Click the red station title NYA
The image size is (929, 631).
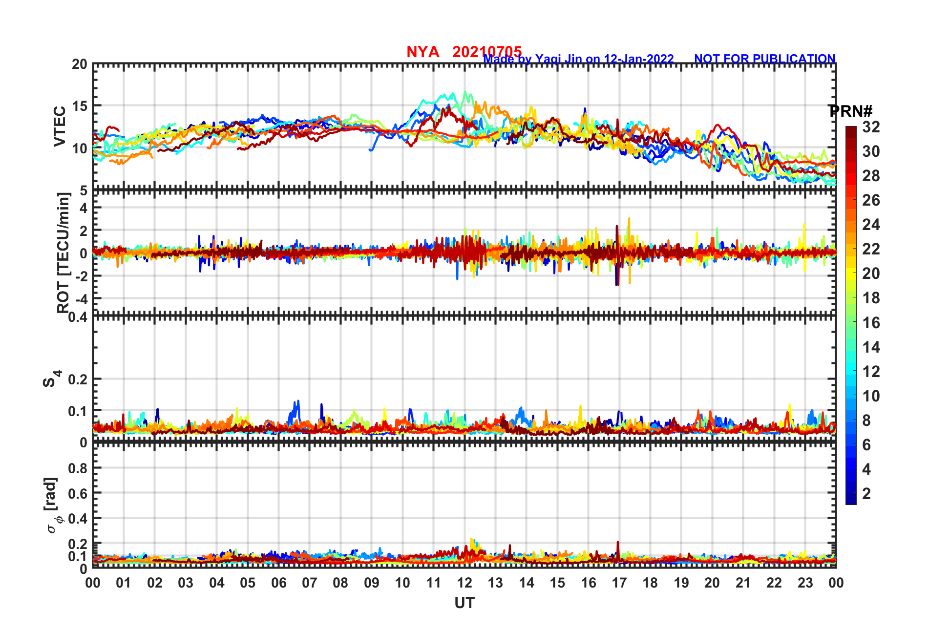point(422,52)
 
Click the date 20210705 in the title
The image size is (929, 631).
point(486,51)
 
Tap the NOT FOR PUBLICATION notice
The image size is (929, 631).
point(764,59)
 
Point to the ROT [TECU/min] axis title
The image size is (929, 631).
point(63,252)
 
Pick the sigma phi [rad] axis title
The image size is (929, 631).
point(52,505)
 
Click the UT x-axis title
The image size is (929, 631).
point(464,604)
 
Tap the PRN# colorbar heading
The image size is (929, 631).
point(850,111)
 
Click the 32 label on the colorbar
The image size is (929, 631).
point(871,127)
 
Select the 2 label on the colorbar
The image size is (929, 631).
point(866,493)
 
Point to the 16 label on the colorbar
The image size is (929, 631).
point(871,322)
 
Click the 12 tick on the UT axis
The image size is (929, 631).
point(464,583)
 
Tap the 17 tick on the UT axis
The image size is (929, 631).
point(619,583)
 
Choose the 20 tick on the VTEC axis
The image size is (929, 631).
point(80,64)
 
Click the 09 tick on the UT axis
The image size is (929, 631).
point(372,583)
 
